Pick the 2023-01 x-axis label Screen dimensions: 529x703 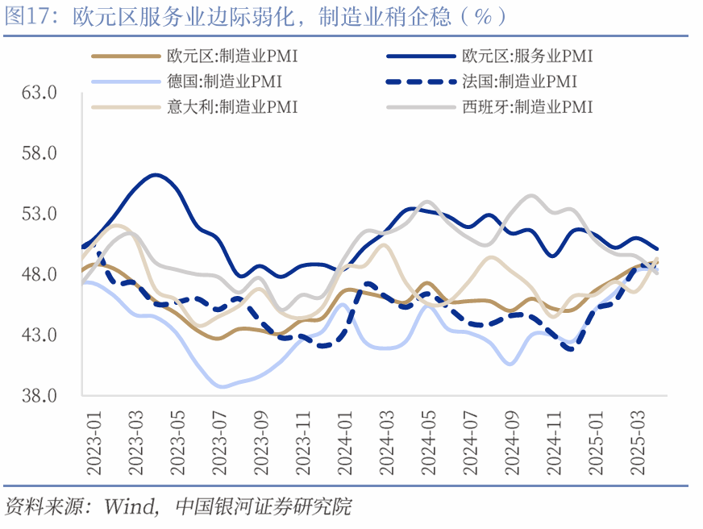click(94, 435)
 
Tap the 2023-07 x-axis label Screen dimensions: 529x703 click(219, 435)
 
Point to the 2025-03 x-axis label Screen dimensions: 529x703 click(639, 435)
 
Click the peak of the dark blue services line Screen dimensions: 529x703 click(155, 174)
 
